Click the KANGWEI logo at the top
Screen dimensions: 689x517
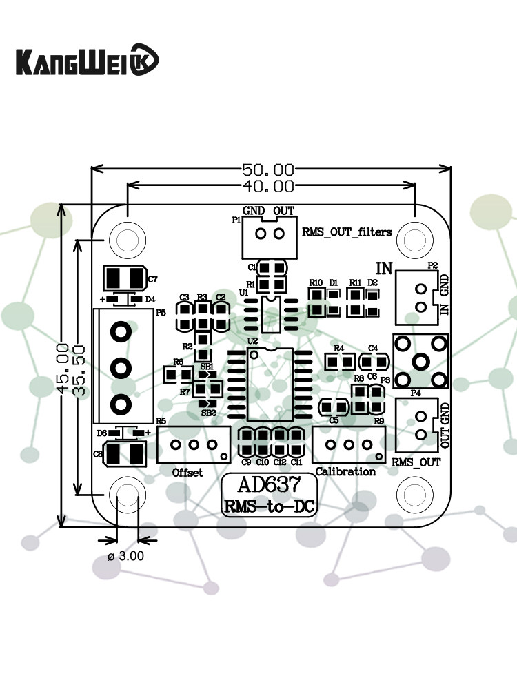pyautogui.click(x=87, y=61)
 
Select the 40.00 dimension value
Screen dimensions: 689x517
pyautogui.click(x=268, y=186)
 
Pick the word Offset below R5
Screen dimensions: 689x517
pyautogui.click(x=187, y=472)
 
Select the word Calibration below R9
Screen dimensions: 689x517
pyautogui.click(x=345, y=472)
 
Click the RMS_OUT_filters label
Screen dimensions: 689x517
pyautogui.click(x=347, y=232)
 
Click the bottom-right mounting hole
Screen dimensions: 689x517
pyautogui.click(x=414, y=495)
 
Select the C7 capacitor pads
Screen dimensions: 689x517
pyautogui.click(x=124, y=279)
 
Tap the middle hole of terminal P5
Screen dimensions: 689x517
pyautogui.click(x=121, y=367)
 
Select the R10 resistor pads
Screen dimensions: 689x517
pyautogui.click(x=316, y=302)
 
